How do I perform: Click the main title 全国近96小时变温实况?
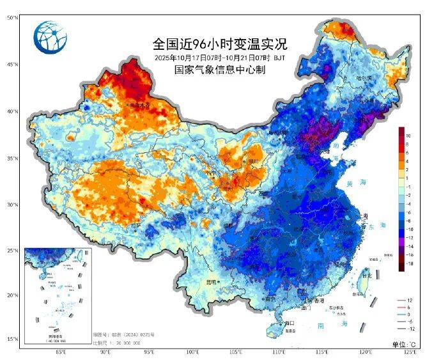[x=220, y=44]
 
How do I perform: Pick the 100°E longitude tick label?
[x=192, y=352]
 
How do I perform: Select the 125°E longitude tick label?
[x=411, y=352]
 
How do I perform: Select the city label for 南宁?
[x=269, y=298]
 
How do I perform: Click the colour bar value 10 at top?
[x=408, y=136]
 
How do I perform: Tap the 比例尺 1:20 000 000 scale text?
[x=116, y=342]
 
